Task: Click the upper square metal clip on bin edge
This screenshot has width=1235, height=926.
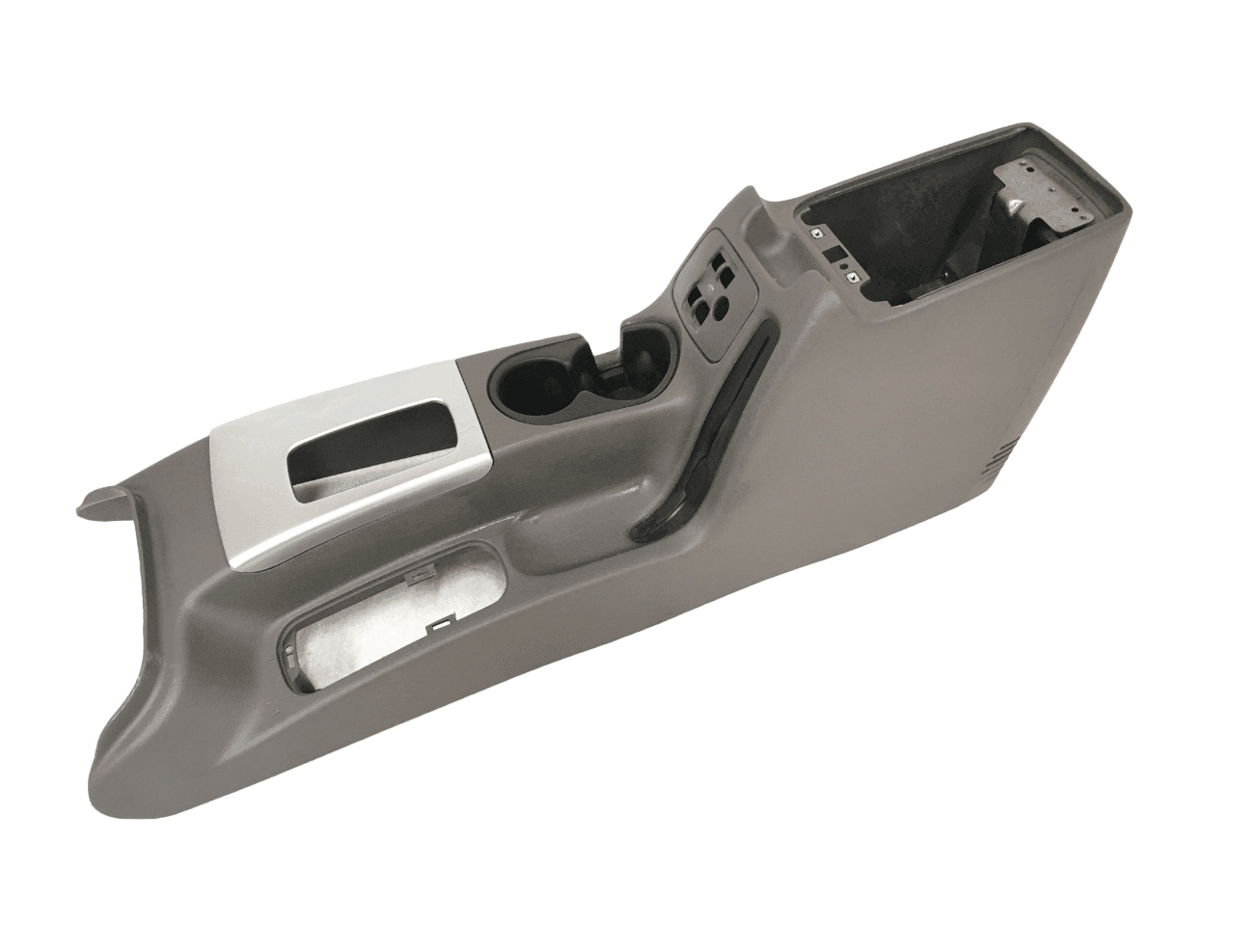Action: [816, 233]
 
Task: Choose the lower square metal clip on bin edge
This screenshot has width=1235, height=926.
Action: [853, 278]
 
